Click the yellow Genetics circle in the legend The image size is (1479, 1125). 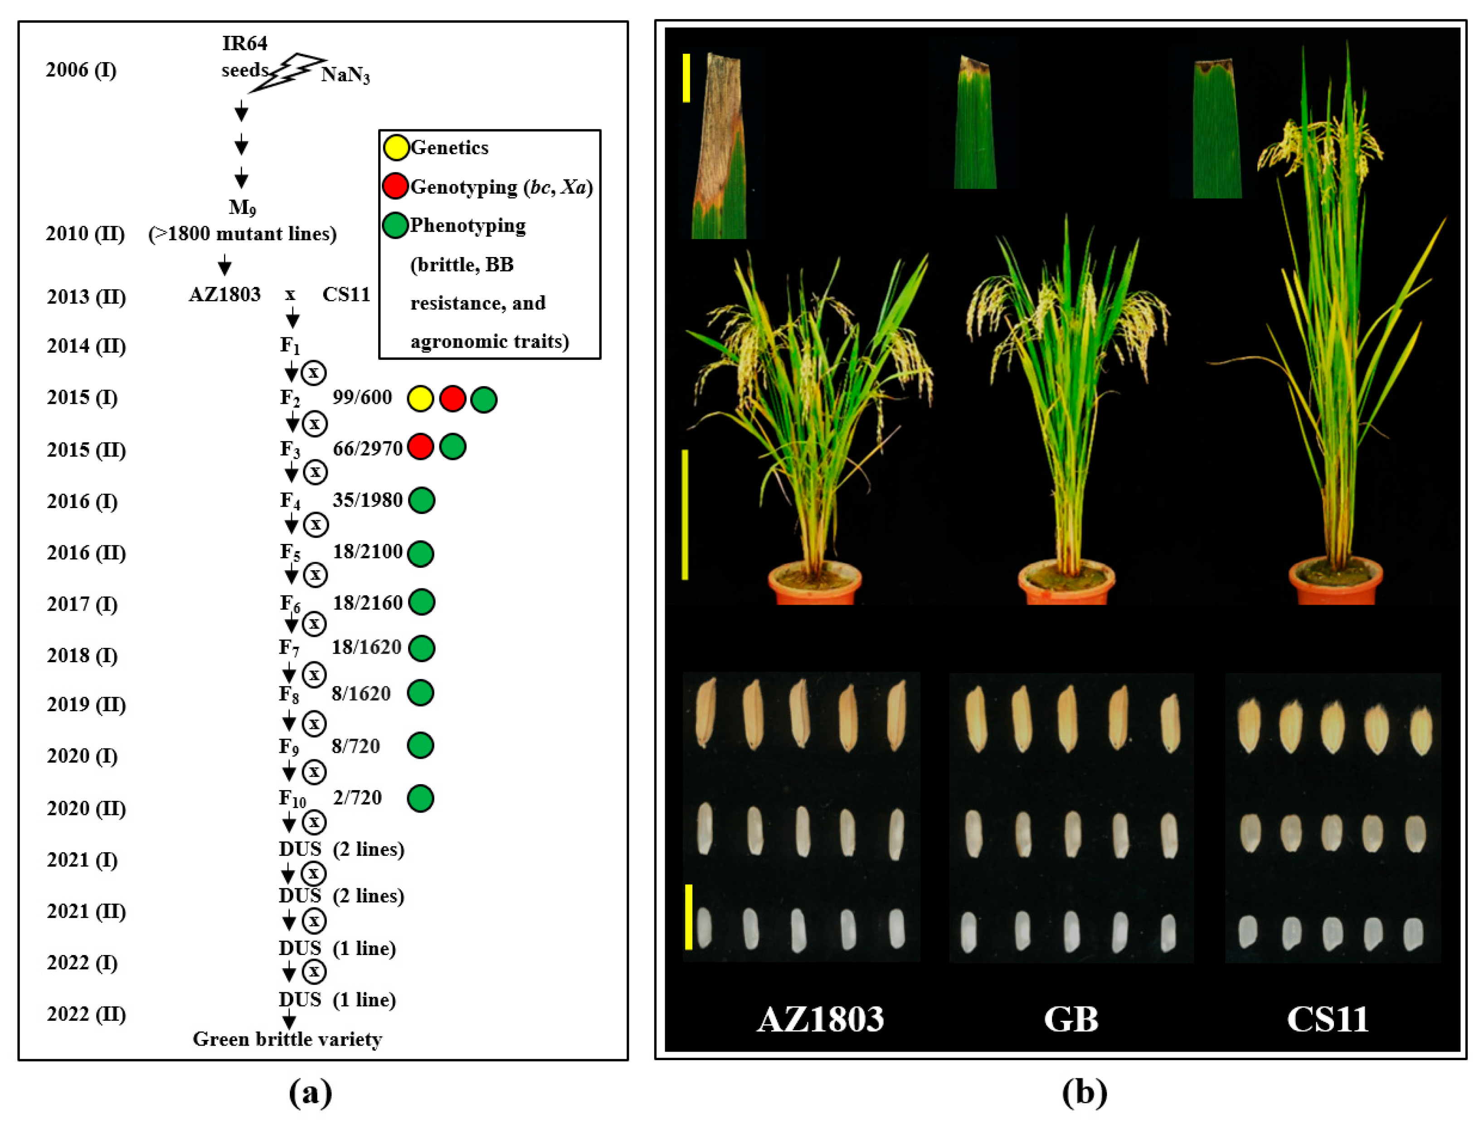coord(396,147)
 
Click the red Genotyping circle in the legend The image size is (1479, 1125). coord(395,186)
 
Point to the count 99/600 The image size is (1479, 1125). coord(362,397)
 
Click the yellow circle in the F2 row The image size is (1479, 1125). coord(420,399)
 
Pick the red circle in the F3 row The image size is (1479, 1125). coord(420,446)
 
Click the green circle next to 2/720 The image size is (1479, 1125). coord(420,798)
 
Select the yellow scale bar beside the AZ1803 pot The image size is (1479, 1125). coord(685,514)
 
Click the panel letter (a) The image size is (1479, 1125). coord(310,1093)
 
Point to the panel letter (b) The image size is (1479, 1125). coord(1085,1093)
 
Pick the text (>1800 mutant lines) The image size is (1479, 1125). coord(243,234)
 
